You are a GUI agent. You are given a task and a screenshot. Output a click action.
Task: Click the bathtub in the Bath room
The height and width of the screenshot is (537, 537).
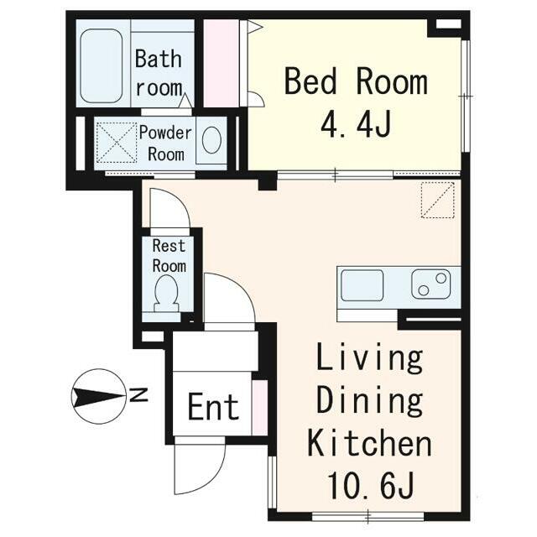101,65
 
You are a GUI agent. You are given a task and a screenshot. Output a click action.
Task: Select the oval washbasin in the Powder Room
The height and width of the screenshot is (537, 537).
211,140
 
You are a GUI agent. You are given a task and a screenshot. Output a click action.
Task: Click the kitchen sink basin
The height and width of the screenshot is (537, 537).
362,285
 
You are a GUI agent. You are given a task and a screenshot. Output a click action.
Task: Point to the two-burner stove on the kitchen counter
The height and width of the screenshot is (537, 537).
431,284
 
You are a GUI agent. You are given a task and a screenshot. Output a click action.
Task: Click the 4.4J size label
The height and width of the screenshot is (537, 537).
356,123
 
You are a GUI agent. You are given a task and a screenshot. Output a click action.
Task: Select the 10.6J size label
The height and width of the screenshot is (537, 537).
371,485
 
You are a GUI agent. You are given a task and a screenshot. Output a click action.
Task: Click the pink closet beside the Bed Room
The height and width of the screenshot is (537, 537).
222,64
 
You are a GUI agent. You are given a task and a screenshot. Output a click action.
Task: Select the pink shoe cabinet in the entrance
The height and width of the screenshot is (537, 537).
259,408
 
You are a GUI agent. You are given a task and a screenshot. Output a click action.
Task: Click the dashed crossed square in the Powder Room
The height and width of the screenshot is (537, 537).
117,143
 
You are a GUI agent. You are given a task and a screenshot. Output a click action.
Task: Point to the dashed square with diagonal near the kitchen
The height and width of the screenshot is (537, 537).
437,200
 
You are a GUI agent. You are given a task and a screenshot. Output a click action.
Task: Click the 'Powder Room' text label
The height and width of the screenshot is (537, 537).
166,143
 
